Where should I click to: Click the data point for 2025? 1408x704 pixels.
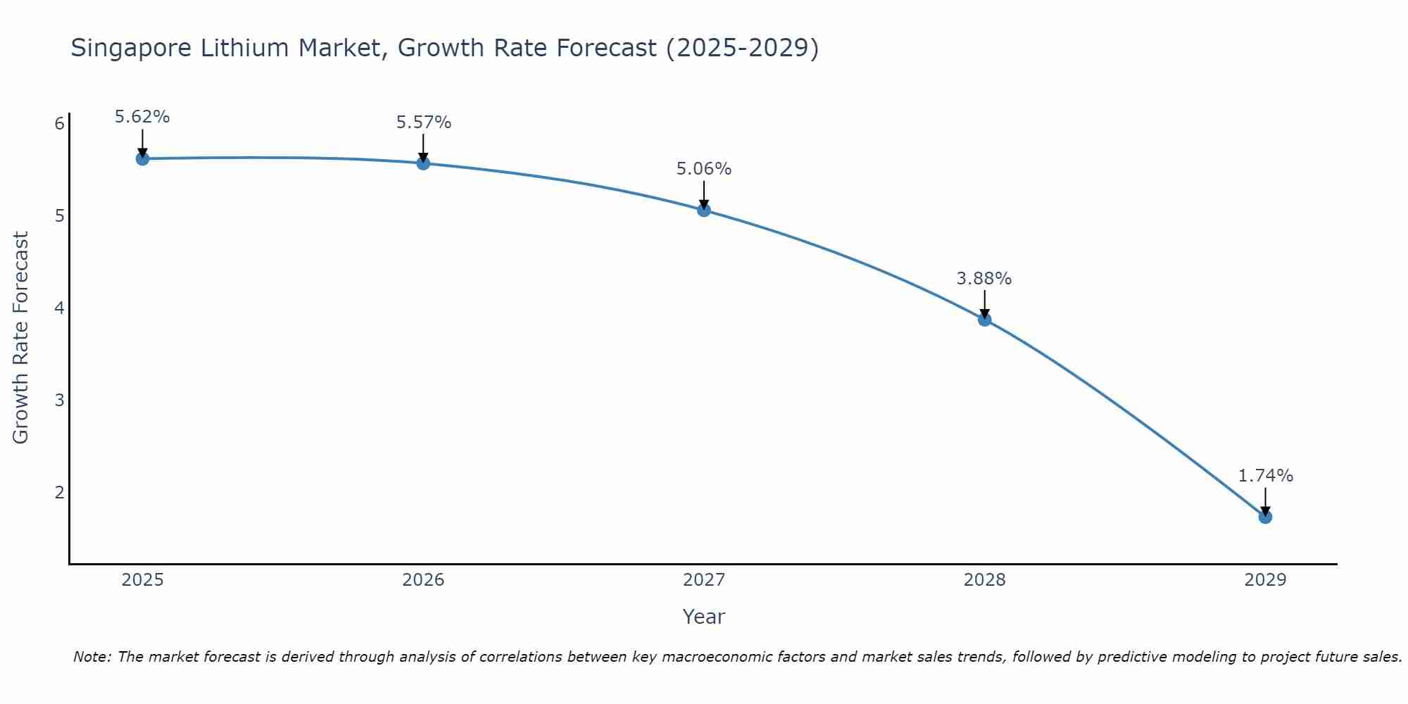(x=142, y=158)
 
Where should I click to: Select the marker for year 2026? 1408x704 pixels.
(x=423, y=163)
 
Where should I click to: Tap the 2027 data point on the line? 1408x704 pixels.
(x=704, y=210)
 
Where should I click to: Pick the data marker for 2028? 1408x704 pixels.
(x=984, y=320)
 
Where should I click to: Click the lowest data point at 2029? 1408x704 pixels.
(x=1265, y=517)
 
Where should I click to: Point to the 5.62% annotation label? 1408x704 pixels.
(x=142, y=117)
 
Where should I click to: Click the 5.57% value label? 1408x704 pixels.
(x=423, y=122)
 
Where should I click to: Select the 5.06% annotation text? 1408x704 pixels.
(x=704, y=169)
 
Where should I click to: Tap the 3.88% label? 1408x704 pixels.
(x=983, y=279)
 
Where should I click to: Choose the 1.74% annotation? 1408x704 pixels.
(x=1265, y=476)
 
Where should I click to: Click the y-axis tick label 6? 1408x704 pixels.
(x=59, y=124)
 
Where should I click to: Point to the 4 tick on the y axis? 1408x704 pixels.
(x=59, y=308)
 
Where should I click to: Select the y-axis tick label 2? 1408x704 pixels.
(x=59, y=492)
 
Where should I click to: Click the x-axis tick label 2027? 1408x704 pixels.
(x=704, y=580)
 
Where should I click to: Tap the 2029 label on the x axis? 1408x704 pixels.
(x=1265, y=580)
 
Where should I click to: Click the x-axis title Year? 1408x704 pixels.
(x=704, y=617)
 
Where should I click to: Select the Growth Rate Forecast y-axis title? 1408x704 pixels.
(x=21, y=338)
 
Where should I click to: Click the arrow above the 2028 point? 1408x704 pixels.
(x=984, y=304)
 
